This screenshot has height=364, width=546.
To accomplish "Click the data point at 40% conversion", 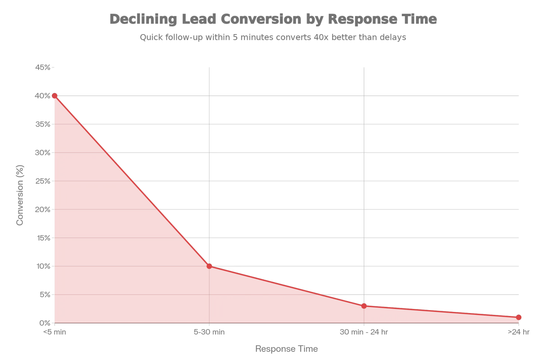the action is (x=55, y=96).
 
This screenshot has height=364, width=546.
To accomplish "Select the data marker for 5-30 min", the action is (x=209, y=266).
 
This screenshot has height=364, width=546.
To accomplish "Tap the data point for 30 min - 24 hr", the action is (x=364, y=306).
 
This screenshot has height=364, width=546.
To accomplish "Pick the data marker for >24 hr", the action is (x=518, y=317).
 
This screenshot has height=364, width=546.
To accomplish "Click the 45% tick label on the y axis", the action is (x=43, y=67).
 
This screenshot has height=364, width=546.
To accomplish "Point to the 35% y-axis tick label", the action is (x=43, y=124).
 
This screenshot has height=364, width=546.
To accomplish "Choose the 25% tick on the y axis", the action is (x=43, y=181).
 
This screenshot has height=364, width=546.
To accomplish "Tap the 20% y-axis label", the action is (x=43, y=210).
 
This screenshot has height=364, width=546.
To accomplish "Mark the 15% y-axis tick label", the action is (x=43, y=238).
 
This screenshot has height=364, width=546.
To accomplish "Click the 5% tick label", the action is (x=45, y=295).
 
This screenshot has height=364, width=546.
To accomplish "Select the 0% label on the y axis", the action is (x=45, y=323).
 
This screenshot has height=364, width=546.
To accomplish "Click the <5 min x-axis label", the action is (x=55, y=332).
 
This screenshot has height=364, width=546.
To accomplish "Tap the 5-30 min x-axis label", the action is (x=209, y=332).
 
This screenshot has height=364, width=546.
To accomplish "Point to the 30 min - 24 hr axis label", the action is (x=364, y=332).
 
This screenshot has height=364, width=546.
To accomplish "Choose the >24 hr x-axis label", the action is (x=518, y=332).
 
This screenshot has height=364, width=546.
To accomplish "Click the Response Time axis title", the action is (x=287, y=349).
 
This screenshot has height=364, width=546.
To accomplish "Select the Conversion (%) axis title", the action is (x=20, y=195).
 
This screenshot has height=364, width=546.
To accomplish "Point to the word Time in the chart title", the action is (x=419, y=19).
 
